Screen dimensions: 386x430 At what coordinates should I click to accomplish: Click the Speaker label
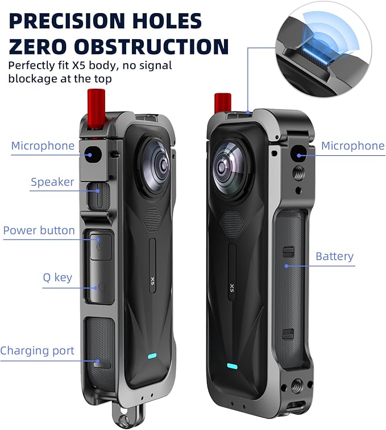52,182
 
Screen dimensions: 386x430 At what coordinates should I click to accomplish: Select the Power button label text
39,230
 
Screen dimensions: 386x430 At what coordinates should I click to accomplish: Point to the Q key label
57,278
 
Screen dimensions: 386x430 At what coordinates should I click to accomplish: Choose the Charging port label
38,351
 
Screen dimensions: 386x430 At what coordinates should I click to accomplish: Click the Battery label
334,257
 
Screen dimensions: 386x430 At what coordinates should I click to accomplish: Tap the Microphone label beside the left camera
43,146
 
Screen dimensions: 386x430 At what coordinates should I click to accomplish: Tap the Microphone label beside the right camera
353,146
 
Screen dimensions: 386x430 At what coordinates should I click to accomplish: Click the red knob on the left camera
96,109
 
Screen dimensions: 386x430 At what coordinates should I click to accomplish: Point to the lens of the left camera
155,166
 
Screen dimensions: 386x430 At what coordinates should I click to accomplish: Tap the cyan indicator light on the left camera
152,356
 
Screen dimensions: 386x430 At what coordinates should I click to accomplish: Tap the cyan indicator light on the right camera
232,366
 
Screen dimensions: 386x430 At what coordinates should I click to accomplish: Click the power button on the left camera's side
101,247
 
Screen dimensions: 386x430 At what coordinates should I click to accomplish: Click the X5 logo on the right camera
232,288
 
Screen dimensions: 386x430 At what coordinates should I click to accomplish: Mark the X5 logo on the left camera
153,281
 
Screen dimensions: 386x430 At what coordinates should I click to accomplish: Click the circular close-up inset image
323,49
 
